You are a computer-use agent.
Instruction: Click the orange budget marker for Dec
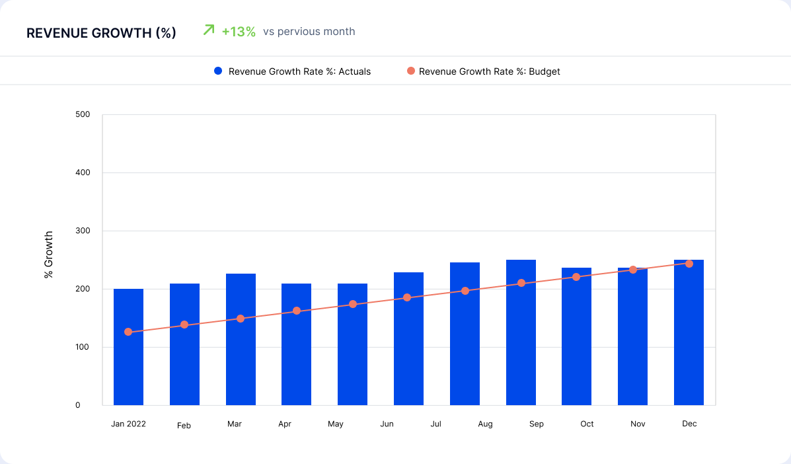[689, 264]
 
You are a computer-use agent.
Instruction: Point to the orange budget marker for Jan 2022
[128, 332]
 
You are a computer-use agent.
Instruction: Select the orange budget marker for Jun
[407, 297]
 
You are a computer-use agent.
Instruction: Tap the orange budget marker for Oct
[576, 277]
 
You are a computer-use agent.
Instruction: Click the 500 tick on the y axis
[83, 114]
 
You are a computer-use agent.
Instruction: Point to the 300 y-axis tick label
[83, 231]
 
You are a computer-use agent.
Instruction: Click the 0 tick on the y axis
[77, 405]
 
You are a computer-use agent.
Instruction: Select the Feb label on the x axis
[184, 426]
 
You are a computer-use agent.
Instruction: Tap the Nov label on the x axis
[637, 424]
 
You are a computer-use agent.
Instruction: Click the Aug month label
[485, 424]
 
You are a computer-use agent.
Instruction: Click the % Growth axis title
[49, 254]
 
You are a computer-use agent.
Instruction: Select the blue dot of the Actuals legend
[218, 71]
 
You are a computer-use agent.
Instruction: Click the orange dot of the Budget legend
[411, 71]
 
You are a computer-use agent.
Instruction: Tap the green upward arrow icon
[209, 30]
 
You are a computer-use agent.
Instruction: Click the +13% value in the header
[239, 32]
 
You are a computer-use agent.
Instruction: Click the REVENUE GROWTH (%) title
[101, 33]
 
